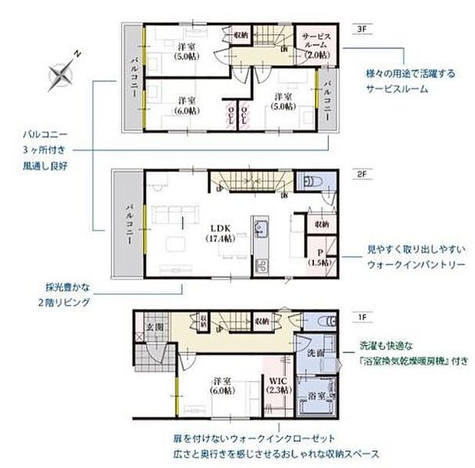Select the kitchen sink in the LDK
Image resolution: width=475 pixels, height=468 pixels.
260,229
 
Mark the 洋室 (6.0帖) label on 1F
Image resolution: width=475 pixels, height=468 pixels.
223,385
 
